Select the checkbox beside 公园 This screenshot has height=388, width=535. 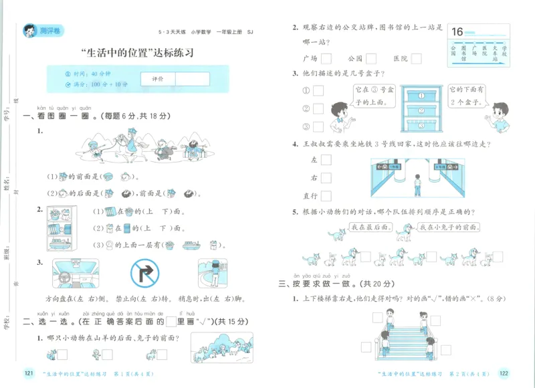point(370,58)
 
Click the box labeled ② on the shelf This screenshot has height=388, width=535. point(421,108)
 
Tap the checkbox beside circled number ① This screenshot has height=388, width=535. point(318,91)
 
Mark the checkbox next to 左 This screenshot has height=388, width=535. point(326,160)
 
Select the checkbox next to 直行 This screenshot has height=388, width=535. point(326,196)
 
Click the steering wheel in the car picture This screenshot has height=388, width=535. point(66,276)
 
